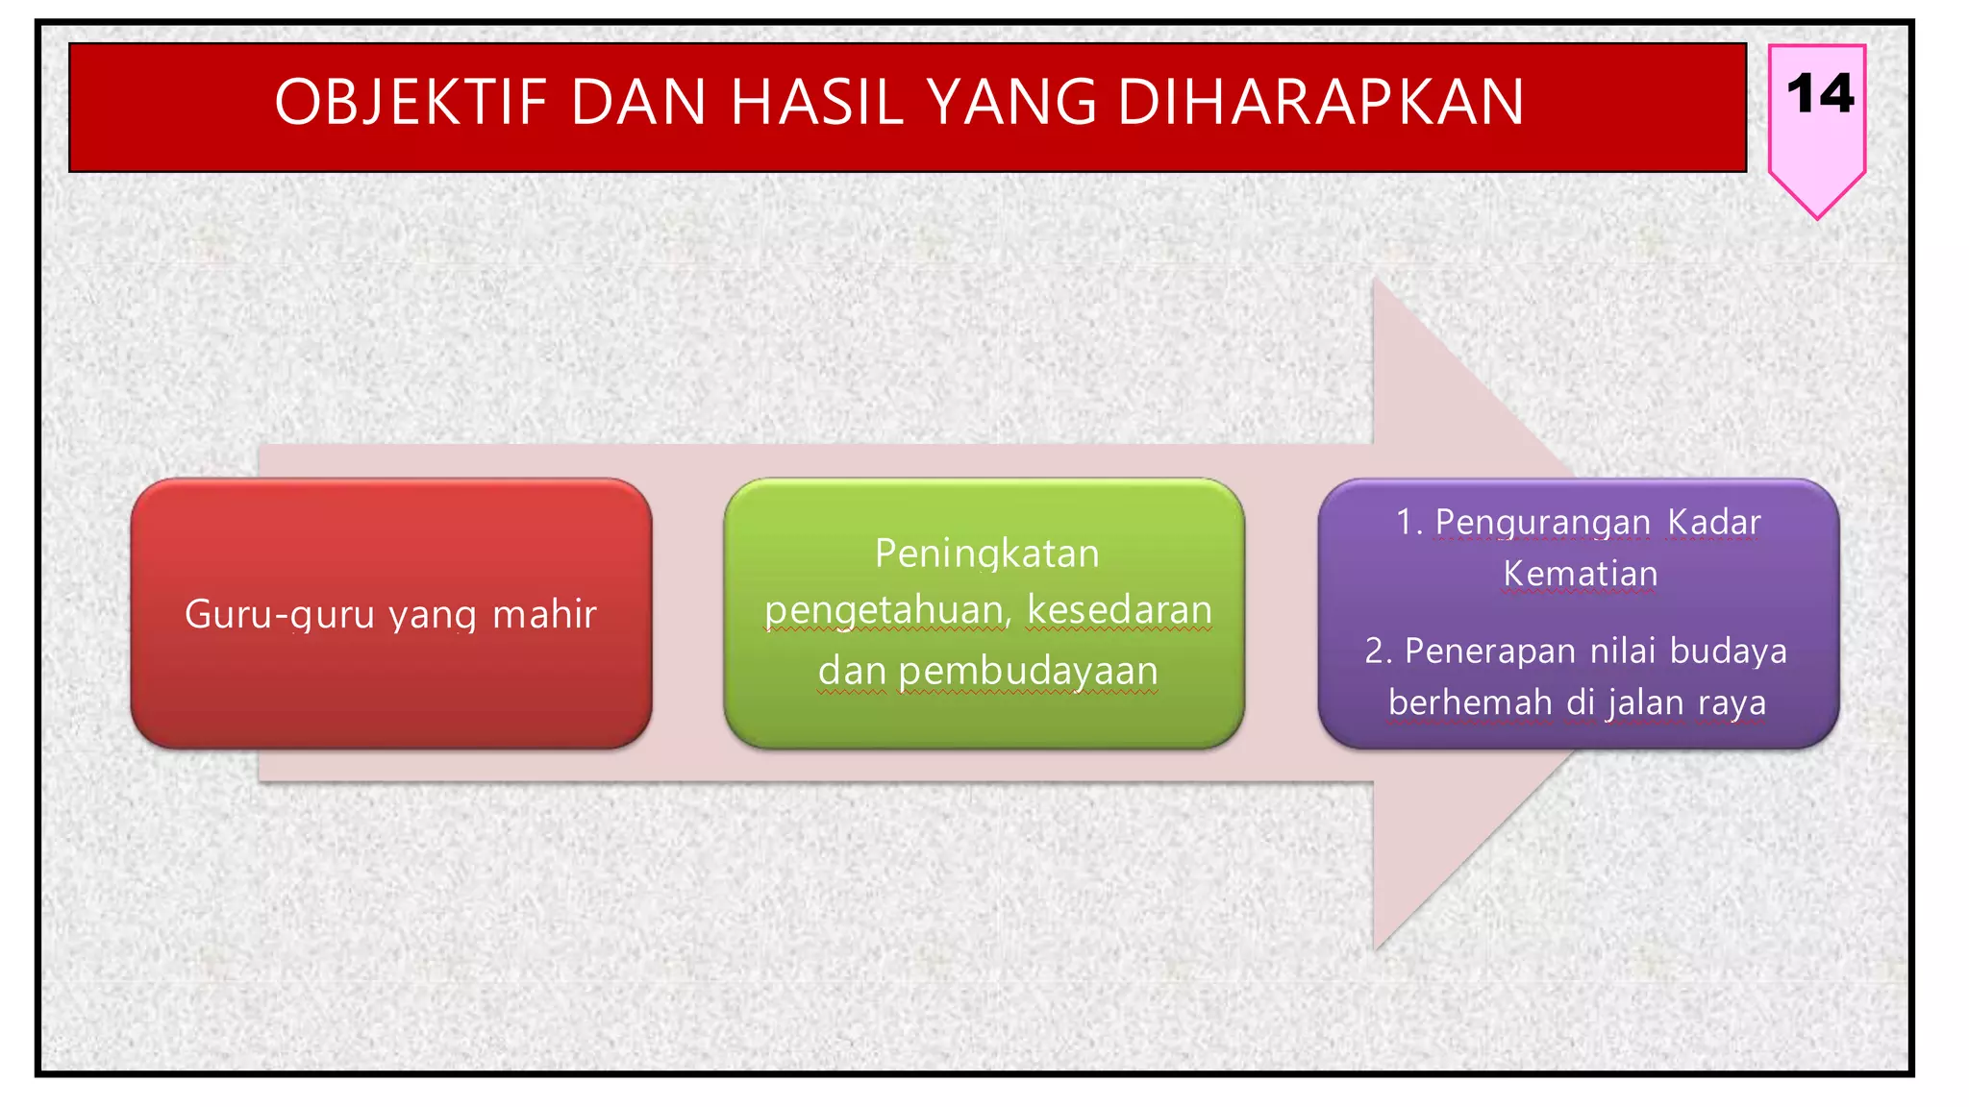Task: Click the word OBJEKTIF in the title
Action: pos(411,102)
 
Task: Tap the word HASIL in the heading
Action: pos(816,102)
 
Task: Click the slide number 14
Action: pos(1819,94)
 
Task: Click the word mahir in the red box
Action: pos(544,615)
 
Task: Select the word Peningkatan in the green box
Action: pos(986,554)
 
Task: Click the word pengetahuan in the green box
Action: pos(885,611)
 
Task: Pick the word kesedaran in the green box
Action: pos(1119,611)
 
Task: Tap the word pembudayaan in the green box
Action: pos(1028,672)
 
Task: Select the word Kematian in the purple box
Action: pos(1580,575)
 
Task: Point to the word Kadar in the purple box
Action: pos(1713,523)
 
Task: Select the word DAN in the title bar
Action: pos(639,102)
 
